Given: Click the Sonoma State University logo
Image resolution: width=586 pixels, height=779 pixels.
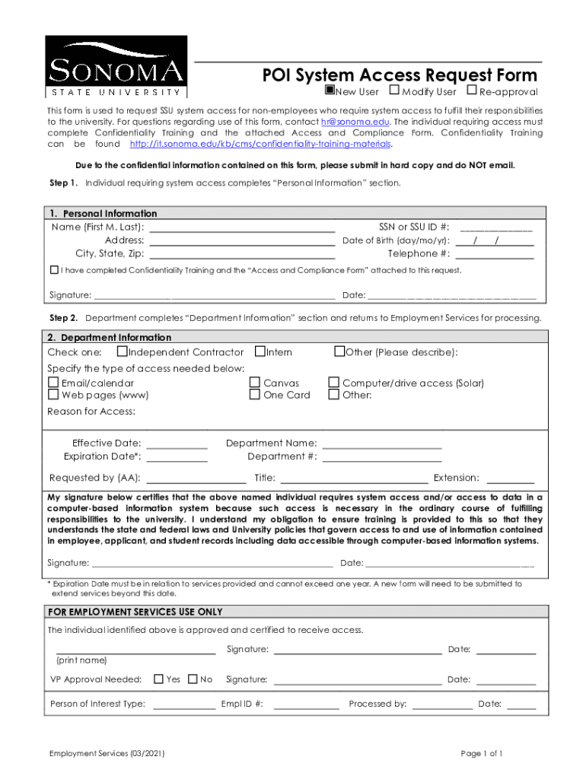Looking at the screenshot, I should click(116, 67).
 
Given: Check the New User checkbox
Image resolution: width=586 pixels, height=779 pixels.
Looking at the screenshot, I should click(330, 91).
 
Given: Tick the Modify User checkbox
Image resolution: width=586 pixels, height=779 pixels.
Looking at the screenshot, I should click(394, 91).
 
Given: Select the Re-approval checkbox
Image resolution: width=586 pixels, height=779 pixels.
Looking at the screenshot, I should click(471, 91).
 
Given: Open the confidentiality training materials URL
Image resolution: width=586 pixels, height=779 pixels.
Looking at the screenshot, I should click(260, 144).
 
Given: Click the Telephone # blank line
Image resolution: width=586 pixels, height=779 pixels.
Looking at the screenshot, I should click(494, 253).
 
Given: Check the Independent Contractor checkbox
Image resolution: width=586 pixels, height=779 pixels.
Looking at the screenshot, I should click(122, 351).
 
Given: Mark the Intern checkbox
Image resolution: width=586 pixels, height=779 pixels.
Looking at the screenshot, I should click(260, 351).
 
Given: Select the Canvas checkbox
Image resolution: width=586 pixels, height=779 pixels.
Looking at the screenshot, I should click(255, 383).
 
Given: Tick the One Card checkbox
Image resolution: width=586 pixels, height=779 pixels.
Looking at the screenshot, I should click(255, 395).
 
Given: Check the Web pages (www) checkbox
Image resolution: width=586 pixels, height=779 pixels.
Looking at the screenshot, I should click(53, 395).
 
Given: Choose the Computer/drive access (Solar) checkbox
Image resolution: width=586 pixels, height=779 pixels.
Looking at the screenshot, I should click(333, 383).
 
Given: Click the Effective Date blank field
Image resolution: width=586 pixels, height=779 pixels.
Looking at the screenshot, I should click(177, 444).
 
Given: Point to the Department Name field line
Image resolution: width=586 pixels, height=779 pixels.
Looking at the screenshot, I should click(382, 444).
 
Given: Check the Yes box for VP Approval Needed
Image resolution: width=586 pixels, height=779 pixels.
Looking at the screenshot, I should click(158, 679).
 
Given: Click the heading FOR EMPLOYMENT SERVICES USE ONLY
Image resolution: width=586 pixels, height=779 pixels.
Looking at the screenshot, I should click(135, 612).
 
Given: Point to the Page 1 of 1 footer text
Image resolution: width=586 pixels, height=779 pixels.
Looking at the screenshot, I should click(481, 753).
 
